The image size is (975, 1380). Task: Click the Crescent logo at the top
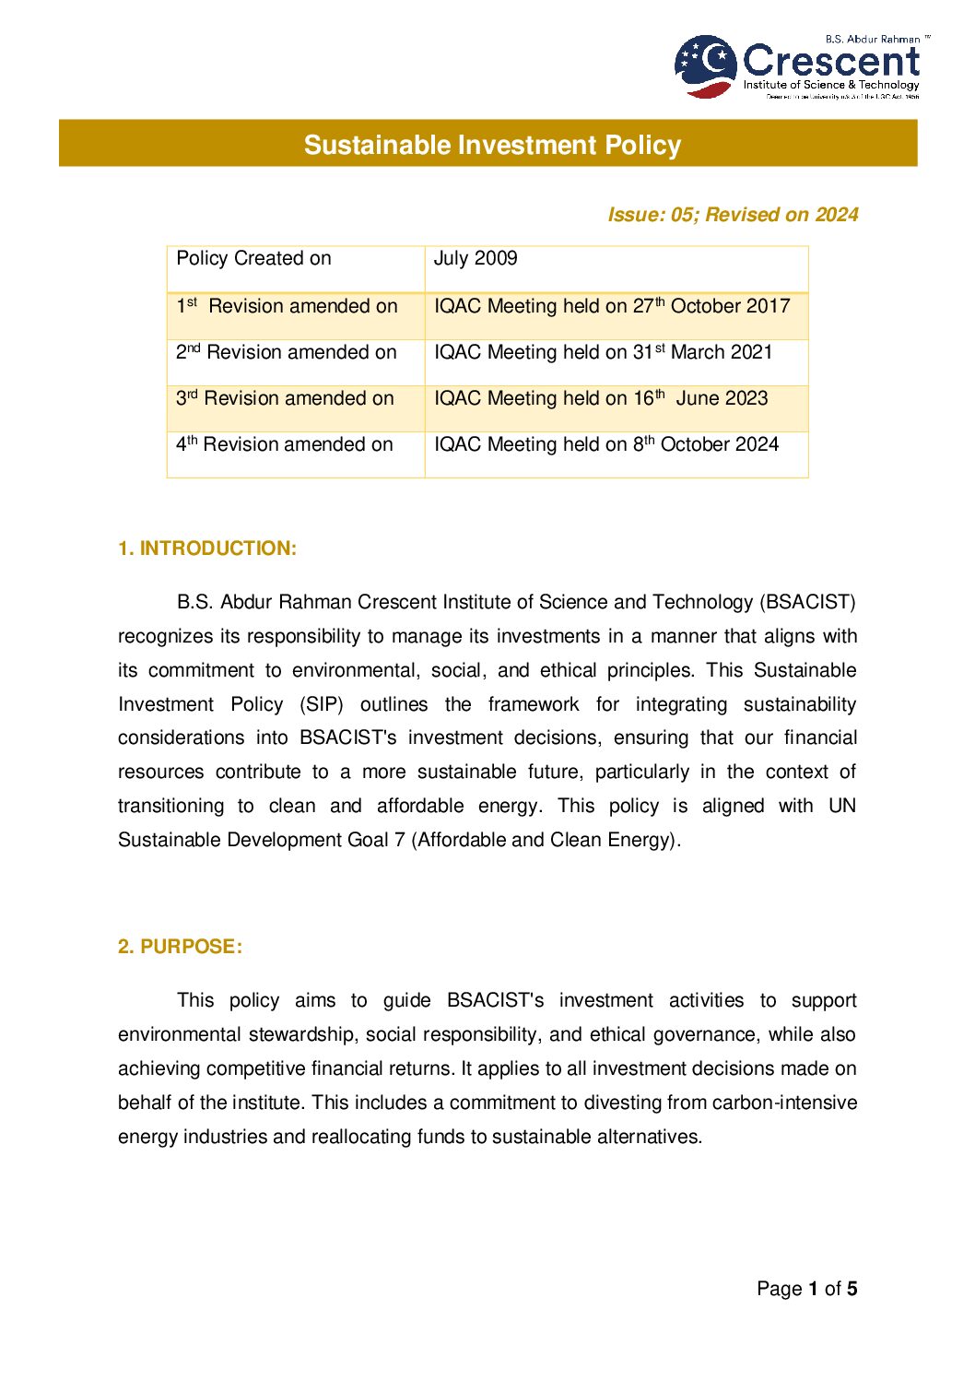798,66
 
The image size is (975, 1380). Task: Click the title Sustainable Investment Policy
492,145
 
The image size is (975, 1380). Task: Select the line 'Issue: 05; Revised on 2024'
733,215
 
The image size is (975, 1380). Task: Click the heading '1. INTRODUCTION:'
207,548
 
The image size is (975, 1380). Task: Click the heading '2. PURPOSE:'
181,947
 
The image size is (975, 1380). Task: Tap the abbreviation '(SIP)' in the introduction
322,705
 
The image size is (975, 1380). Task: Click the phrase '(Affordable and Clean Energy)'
546,840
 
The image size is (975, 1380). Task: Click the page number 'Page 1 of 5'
806,1289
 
